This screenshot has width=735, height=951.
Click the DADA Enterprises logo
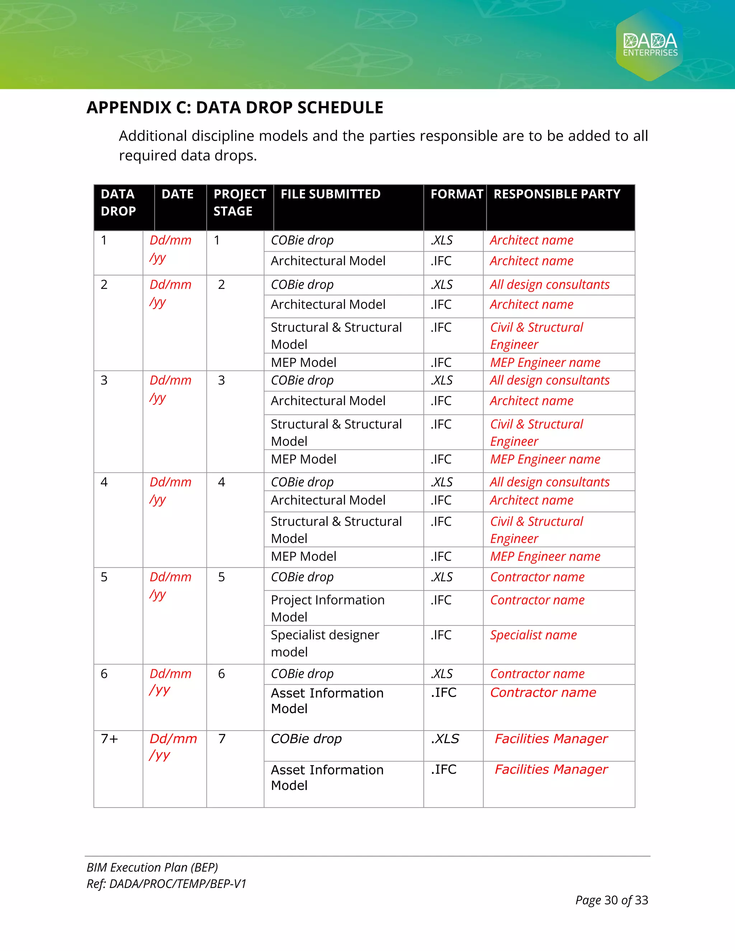point(650,44)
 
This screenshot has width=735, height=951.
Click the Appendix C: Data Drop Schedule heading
point(235,108)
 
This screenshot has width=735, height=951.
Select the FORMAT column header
point(457,194)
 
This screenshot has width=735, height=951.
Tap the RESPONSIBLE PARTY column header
point(557,194)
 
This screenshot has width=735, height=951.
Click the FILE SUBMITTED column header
point(330,194)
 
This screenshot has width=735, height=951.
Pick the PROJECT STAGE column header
point(239,202)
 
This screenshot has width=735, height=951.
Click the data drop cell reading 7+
point(109,739)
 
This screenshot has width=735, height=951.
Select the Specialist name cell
point(533,635)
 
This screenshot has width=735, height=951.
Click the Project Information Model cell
point(327,608)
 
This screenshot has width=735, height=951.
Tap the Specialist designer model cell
point(324,643)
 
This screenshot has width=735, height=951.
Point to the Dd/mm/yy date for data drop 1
point(170,249)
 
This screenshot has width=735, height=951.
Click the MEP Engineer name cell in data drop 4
point(545,557)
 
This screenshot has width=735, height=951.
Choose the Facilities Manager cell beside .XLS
point(551,739)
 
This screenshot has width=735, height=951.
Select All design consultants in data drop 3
point(549,380)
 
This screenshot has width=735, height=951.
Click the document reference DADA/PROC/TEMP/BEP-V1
point(178,884)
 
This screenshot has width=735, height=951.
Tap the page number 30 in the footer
point(610,900)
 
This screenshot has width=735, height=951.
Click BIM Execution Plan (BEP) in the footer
point(152,867)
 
